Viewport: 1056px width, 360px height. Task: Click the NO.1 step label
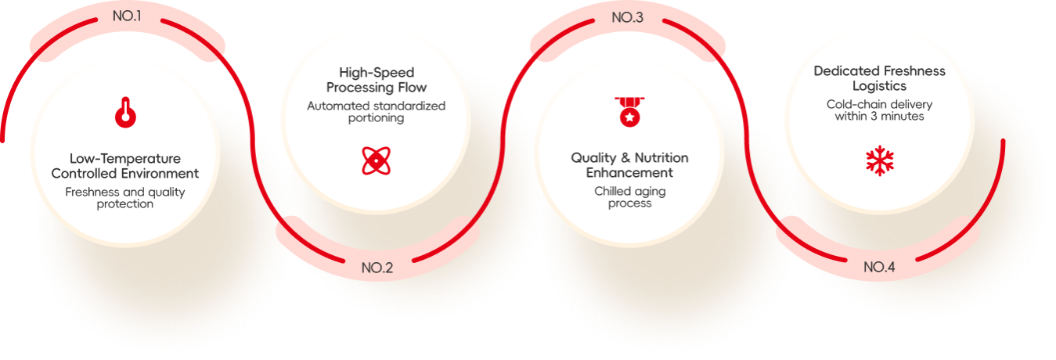127,16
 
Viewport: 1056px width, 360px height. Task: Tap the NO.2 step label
377,268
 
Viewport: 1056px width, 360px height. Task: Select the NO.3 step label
628,17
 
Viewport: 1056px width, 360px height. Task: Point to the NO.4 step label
879,267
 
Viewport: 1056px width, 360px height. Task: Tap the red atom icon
377,160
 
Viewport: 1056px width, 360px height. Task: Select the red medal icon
630,112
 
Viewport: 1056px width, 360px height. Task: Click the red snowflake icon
880,160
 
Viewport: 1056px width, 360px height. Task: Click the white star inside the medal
630,117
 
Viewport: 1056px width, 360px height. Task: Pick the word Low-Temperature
125,158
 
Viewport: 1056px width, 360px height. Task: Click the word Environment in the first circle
158,174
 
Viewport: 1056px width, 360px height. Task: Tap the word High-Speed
377,73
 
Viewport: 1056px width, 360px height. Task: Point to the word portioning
377,118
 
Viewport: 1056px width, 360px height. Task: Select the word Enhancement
629,172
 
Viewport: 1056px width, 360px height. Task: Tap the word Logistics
879,86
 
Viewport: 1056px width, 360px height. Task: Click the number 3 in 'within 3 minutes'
874,116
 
